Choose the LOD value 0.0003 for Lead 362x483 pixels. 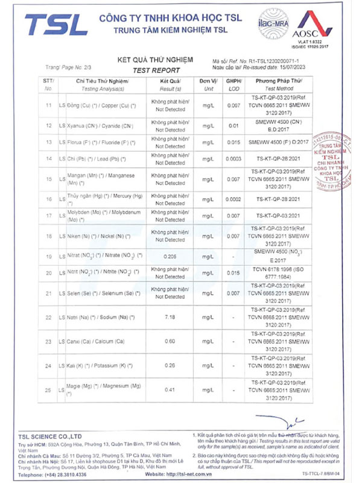(x=233, y=159)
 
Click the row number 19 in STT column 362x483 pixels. (x=49, y=257)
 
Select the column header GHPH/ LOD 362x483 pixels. (x=233, y=84)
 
